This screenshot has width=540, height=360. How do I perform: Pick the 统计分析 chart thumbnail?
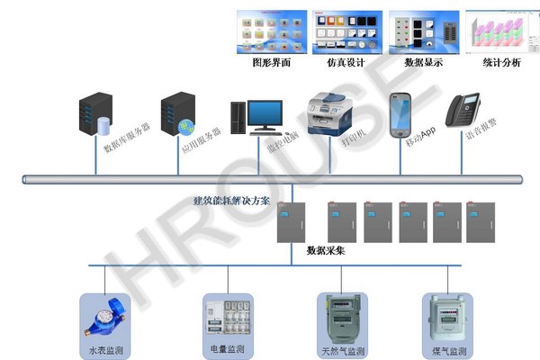pos(500,32)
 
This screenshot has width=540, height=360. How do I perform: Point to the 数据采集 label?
pos(326,250)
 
